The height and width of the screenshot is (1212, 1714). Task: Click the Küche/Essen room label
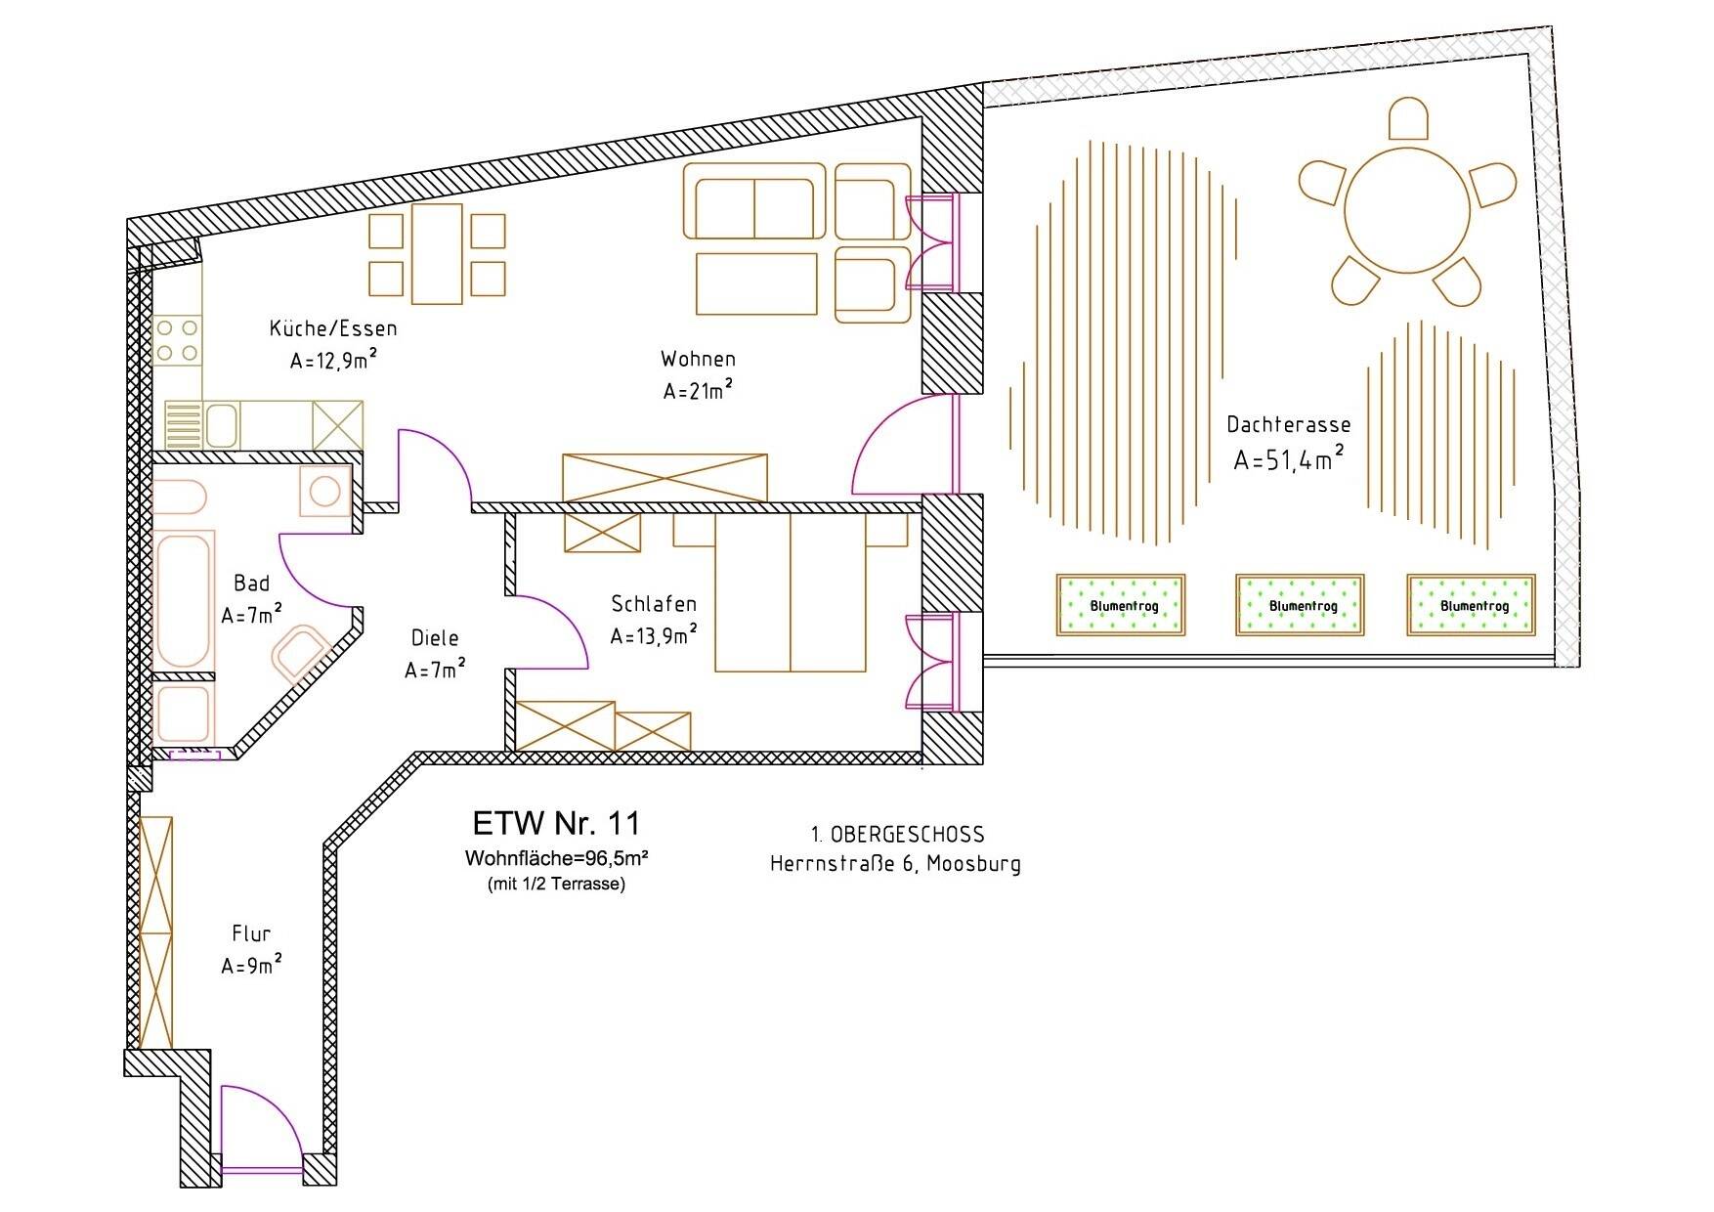[333, 328]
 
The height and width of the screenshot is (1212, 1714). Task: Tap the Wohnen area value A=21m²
[698, 391]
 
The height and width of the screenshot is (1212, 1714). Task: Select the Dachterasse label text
[1289, 424]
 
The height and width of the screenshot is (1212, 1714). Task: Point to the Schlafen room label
[654, 603]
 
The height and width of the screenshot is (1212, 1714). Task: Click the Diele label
[435, 638]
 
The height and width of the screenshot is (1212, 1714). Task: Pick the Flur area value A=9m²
[251, 966]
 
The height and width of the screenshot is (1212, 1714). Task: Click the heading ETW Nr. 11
[556, 823]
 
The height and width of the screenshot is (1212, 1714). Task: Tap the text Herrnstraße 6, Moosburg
[895, 864]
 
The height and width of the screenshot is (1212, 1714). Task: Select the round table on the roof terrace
[1407, 209]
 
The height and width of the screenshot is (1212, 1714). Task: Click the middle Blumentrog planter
[1300, 605]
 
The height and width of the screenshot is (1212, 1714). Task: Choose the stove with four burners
[177, 341]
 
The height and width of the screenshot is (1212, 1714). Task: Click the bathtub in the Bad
[184, 599]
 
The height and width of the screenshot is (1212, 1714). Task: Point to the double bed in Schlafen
[791, 593]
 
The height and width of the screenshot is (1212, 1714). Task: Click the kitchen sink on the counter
[221, 425]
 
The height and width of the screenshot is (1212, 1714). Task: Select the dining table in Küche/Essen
[437, 254]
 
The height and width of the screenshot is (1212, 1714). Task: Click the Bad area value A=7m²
[251, 616]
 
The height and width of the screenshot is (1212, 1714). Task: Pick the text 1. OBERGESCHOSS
[897, 835]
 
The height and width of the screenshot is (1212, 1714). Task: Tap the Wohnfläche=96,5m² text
[557, 859]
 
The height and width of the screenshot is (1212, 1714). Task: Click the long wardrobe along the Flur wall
[156, 932]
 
